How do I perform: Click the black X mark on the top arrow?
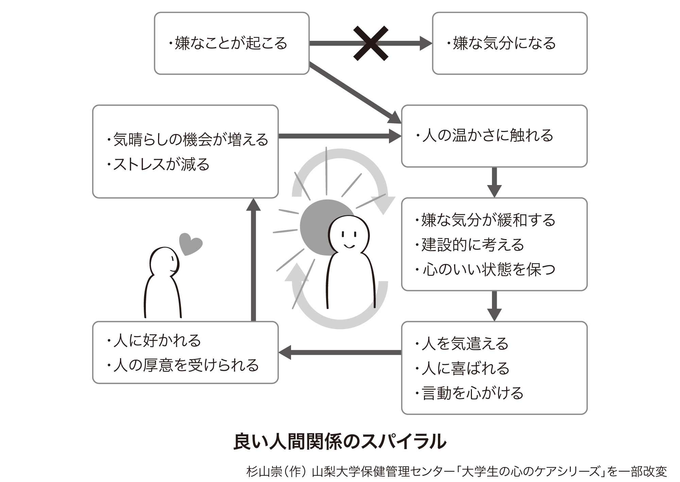(x=371, y=43)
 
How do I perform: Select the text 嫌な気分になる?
(x=502, y=43)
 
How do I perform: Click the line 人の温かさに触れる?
(x=485, y=135)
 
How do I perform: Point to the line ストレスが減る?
(x=158, y=164)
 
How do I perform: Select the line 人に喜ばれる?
(x=462, y=368)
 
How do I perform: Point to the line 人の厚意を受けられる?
(x=184, y=365)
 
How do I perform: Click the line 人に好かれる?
(x=154, y=340)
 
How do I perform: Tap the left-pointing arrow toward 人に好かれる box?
(x=340, y=352)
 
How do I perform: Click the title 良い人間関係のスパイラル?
(x=340, y=442)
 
